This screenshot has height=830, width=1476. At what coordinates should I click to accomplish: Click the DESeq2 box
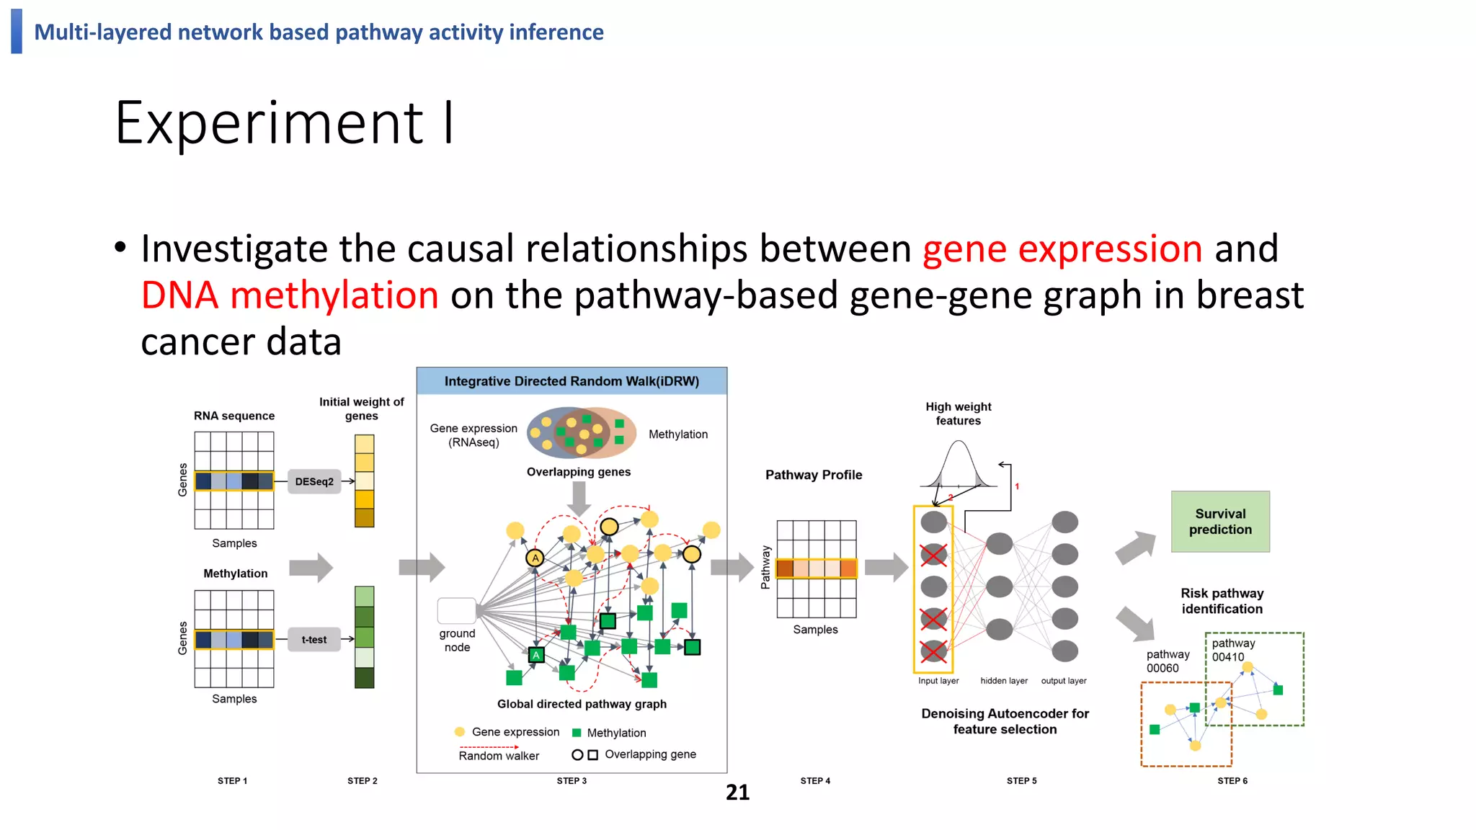tap(314, 481)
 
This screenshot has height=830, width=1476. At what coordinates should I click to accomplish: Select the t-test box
tap(314, 639)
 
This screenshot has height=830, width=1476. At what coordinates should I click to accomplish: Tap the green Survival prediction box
tap(1219, 522)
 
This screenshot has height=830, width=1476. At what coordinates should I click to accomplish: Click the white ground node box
tap(456, 611)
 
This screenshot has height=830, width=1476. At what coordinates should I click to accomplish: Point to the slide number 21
tap(737, 793)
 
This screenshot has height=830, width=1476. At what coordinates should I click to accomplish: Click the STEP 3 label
tap(572, 781)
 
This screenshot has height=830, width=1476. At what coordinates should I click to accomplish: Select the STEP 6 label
tap(1232, 781)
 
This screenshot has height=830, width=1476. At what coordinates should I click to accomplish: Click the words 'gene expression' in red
tap(1062, 249)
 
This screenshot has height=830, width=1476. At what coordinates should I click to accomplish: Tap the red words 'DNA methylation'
tap(290, 295)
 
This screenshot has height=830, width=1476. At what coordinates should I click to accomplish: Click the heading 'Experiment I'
tap(285, 123)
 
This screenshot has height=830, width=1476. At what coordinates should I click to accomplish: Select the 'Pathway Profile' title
tap(813, 475)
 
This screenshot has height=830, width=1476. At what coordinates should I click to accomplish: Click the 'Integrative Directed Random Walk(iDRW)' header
tap(572, 381)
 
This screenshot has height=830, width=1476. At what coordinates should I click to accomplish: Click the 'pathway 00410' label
tap(1232, 650)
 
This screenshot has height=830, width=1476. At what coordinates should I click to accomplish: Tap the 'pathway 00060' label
tap(1168, 661)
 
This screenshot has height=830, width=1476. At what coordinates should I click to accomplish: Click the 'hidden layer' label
tap(1003, 681)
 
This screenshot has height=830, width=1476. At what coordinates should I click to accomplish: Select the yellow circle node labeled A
tap(535, 558)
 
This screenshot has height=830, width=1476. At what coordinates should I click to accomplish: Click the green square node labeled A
tap(535, 655)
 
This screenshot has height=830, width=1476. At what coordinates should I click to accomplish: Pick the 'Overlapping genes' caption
tap(578, 472)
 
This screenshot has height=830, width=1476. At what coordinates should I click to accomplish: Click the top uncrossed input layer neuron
tap(933, 522)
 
